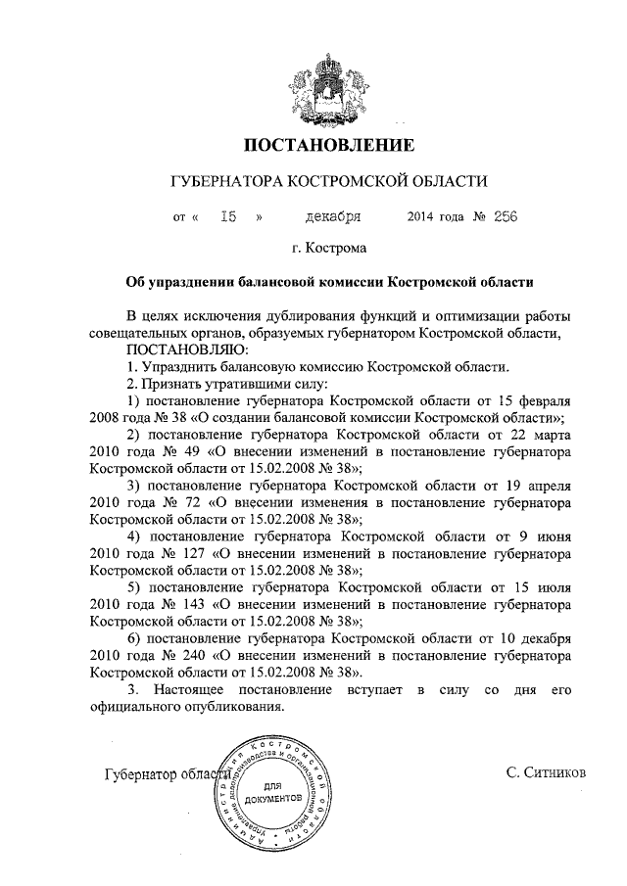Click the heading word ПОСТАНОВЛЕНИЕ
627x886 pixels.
(328, 148)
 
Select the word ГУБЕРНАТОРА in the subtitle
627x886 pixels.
(221, 183)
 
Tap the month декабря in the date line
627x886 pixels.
(332, 216)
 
